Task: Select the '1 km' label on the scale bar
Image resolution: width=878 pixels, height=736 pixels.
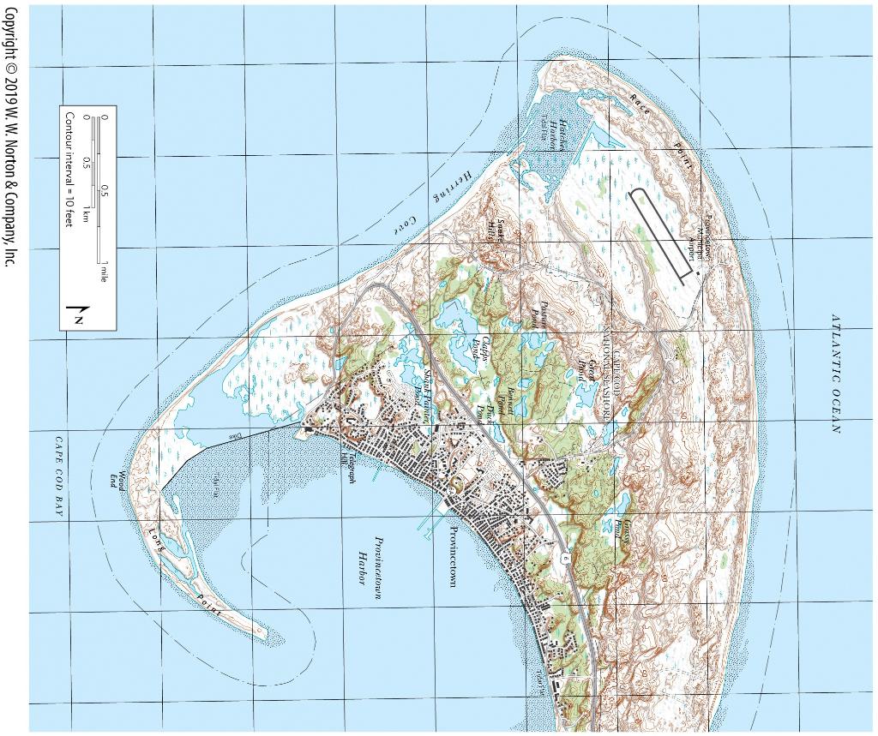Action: [x=87, y=215]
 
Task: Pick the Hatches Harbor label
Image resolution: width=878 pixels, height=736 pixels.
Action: [x=559, y=133]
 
